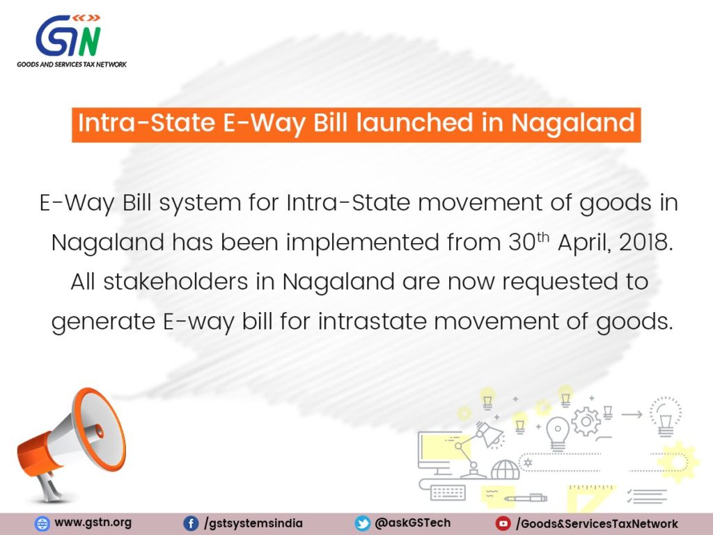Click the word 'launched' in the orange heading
(415, 123)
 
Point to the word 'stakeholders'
(175, 281)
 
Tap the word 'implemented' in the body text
(362, 243)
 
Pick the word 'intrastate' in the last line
(372, 321)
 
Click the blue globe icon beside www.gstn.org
(42, 524)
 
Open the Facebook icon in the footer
(191, 524)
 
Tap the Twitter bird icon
(362, 524)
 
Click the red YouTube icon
(503, 524)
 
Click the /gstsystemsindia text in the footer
(253, 524)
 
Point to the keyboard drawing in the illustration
(448, 493)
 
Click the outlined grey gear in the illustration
(586, 421)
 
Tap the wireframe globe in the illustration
(506, 470)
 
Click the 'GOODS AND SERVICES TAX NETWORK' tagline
(72, 65)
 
